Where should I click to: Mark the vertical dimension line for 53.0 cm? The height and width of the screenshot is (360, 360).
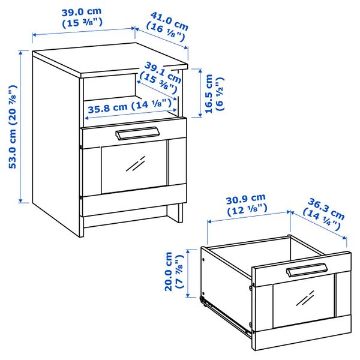[22, 127]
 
